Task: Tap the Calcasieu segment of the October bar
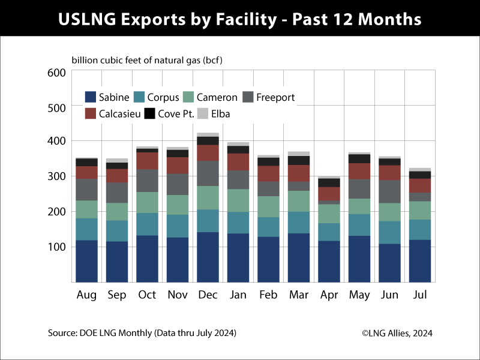(x=146, y=161)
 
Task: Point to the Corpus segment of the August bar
(x=86, y=229)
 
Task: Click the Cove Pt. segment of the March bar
(x=299, y=160)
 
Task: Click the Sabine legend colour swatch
(x=91, y=97)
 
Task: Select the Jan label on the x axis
(x=238, y=295)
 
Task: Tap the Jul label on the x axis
(x=421, y=295)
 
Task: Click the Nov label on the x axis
(x=177, y=295)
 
